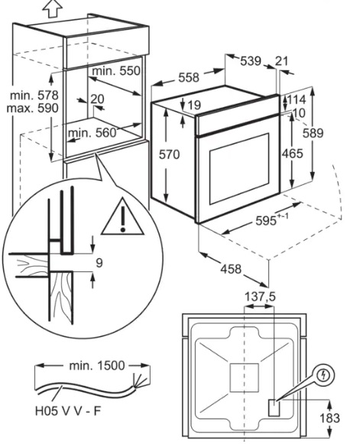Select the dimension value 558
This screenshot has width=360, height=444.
click(189, 77)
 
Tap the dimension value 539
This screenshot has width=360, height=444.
click(251, 61)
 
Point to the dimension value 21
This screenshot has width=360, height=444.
click(281, 61)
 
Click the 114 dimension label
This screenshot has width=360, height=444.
click(297, 99)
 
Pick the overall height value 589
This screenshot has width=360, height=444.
click(313, 133)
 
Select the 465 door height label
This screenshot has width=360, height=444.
click(293, 153)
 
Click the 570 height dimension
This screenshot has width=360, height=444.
click(169, 154)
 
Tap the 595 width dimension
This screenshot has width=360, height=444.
click(266, 220)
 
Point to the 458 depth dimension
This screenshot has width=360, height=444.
click(231, 269)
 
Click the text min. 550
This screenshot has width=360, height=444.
click(116, 71)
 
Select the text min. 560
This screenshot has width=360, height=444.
click(92, 132)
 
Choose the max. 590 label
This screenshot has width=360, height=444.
click(33, 109)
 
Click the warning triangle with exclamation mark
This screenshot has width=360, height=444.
click(122, 216)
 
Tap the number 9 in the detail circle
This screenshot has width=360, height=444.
click(99, 263)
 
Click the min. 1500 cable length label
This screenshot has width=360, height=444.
click(97, 365)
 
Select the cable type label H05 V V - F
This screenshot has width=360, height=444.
click(68, 411)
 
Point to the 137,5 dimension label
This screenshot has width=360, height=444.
click(260, 297)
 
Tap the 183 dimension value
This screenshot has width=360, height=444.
click(329, 418)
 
